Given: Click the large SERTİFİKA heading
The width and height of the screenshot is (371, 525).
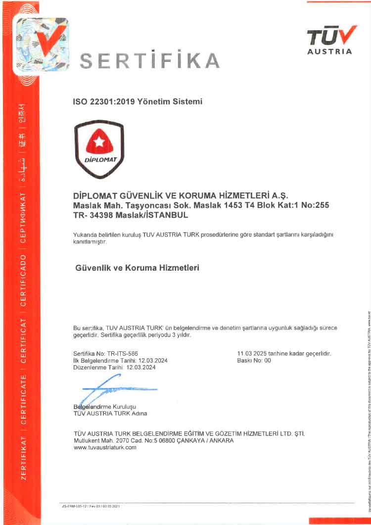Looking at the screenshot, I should (150, 61).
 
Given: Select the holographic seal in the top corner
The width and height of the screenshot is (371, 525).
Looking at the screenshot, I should (41, 45).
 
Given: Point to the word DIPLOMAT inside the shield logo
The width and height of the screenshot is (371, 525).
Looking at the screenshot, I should (99, 160).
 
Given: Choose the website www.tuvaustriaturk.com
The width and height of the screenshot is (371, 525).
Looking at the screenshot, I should (104, 447).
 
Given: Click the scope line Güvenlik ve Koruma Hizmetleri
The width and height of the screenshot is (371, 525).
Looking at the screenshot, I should (137, 268).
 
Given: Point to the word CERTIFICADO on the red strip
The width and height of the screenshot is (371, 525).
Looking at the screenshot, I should (23, 279).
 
